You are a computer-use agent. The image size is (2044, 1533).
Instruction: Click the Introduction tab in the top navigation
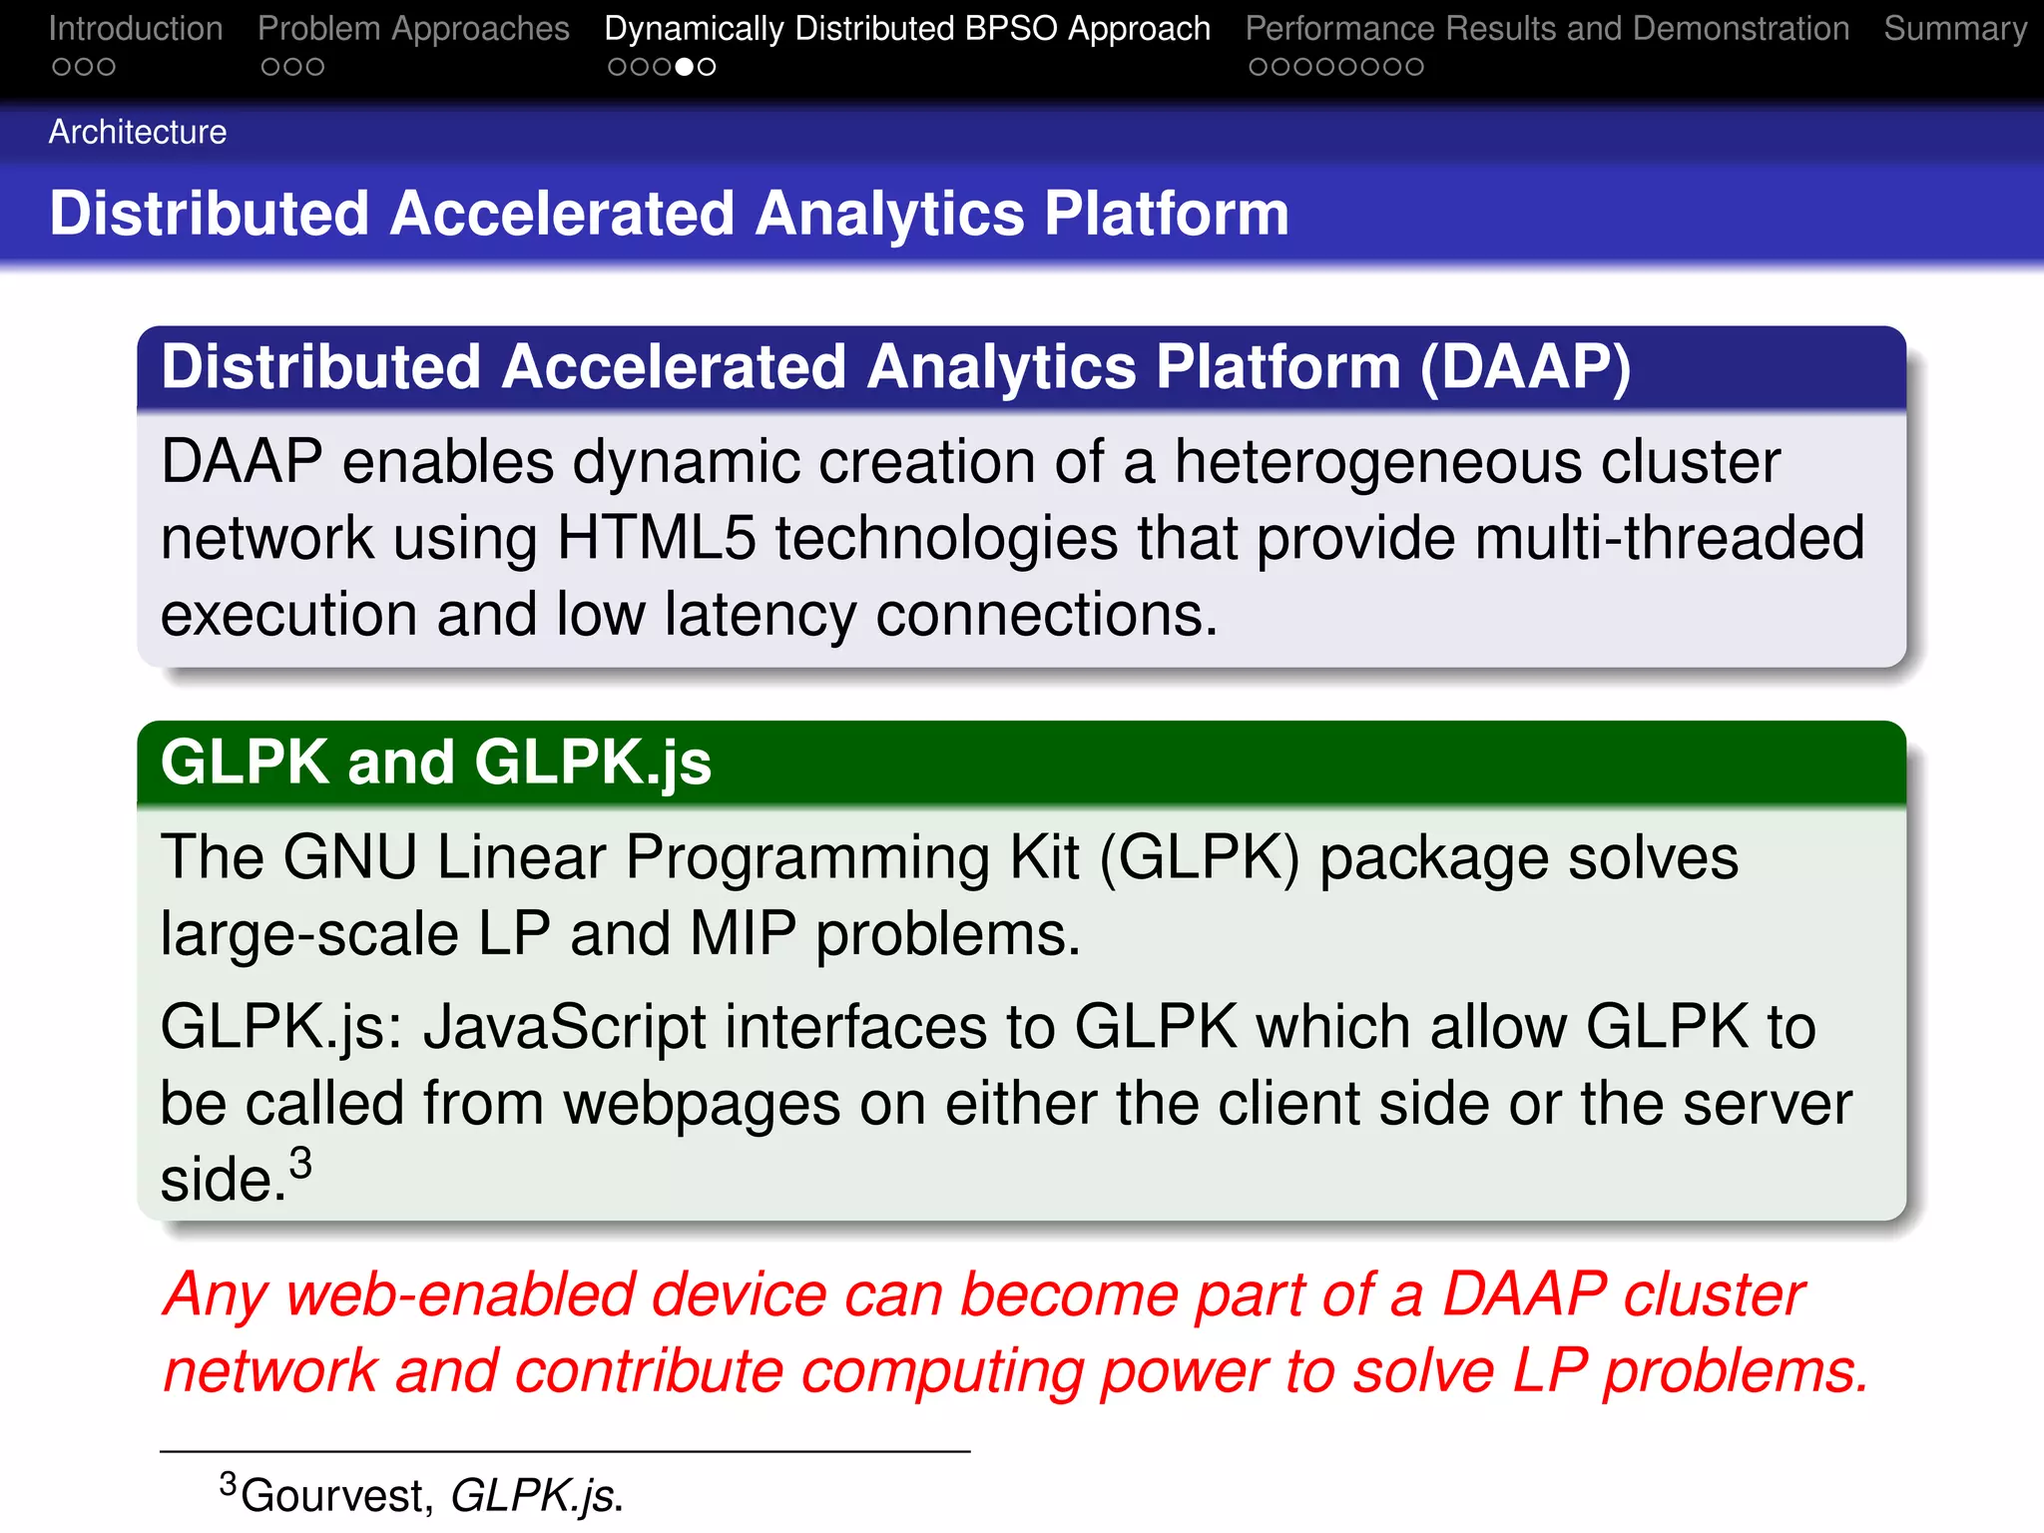tap(136, 29)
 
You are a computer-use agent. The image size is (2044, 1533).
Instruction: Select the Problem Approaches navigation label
tap(413, 29)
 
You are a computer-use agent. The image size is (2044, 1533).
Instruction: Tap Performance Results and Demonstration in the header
tap(1547, 29)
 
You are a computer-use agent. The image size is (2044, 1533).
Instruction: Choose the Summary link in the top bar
tap(1954, 29)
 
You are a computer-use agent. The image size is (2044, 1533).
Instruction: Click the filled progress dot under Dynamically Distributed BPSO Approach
tap(685, 67)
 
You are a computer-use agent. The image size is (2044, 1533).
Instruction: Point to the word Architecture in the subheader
tap(138, 132)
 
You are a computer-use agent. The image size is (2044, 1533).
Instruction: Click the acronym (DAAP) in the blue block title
tap(1525, 367)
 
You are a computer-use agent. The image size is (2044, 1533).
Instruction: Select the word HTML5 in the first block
tap(656, 538)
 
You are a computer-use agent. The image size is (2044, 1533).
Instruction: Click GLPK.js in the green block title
tap(593, 763)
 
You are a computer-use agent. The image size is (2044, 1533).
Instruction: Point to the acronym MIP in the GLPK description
tap(743, 934)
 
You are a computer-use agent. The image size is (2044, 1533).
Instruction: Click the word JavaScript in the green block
tap(564, 1027)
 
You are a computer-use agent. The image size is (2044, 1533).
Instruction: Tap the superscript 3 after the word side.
tap(300, 1163)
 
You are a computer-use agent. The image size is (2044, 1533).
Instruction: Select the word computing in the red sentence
tap(941, 1371)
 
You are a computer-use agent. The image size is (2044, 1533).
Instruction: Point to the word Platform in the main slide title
tap(1167, 214)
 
